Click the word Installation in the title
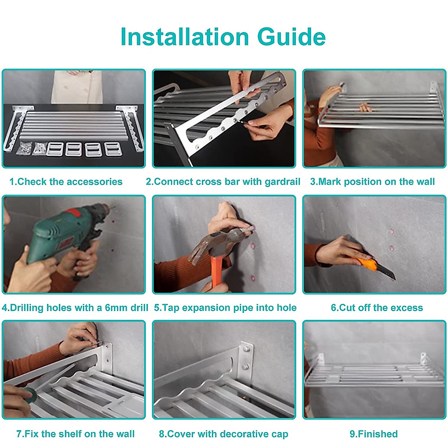pyautogui.click(x=185, y=37)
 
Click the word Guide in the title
pyautogui.click(x=291, y=37)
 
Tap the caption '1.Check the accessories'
pyautogui.click(x=66, y=182)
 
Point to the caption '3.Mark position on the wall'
pyautogui.click(x=372, y=182)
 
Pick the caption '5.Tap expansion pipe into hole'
pyautogui.click(x=225, y=308)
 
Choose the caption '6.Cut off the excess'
pyautogui.click(x=377, y=308)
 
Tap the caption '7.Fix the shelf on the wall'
pyautogui.click(x=75, y=434)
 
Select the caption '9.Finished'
pyautogui.click(x=374, y=434)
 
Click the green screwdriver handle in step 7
pyautogui.click(x=30, y=395)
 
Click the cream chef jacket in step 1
pyautogui.click(x=77, y=87)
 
